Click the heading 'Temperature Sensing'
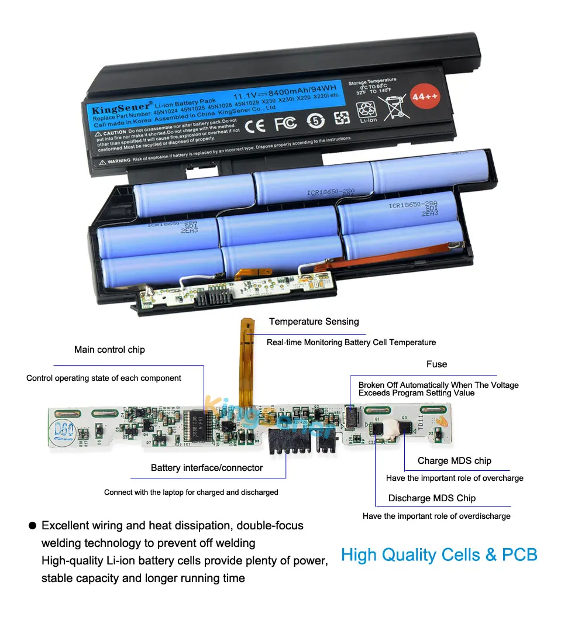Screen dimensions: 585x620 click(314, 322)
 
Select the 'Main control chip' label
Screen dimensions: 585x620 click(109, 350)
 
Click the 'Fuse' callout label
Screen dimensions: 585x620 click(436, 364)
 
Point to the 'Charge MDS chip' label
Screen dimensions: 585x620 click(454, 461)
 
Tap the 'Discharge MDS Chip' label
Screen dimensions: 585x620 click(432, 498)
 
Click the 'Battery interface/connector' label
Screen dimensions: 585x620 click(207, 468)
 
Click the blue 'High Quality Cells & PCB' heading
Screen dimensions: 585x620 click(439, 554)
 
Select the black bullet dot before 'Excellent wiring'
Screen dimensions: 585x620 click(32, 526)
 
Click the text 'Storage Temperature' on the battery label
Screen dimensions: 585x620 click(373, 81)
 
